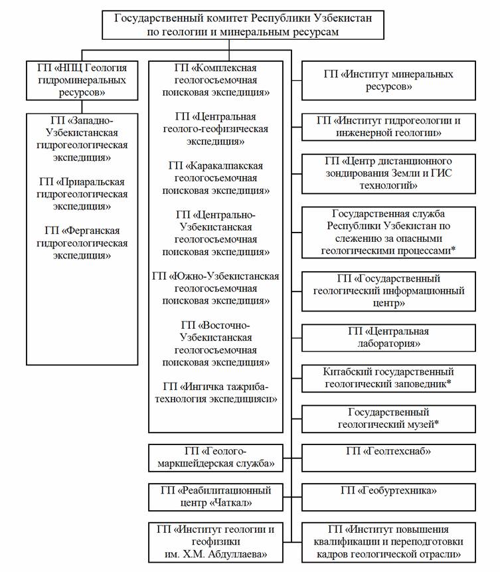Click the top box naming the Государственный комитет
point(243,25)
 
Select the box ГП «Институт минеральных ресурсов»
point(388,80)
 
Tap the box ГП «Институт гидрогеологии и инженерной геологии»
point(388,127)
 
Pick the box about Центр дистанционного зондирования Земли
point(388,173)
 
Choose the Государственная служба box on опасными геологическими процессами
point(388,232)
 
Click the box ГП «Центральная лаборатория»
point(388,337)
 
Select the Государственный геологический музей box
point(388,419)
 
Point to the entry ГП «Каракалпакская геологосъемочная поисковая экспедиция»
point(216,177)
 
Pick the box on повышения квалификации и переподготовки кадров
point(388,541)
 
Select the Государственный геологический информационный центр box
point(388,290)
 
